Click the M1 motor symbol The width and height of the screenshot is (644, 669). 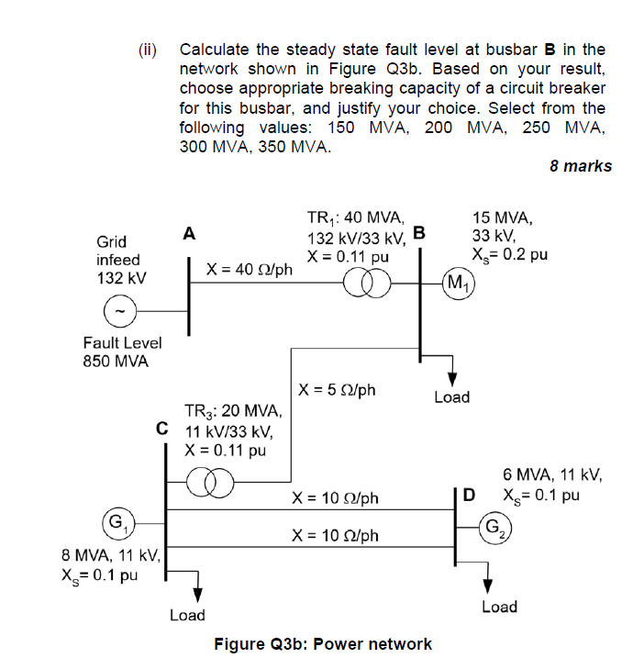455,281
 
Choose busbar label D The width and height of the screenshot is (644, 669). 470,496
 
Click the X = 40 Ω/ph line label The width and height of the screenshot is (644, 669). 250,270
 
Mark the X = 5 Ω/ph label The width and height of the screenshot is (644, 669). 338,390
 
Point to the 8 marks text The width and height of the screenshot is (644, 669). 580,166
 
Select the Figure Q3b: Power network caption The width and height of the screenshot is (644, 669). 322,643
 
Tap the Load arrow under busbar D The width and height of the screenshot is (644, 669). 488,584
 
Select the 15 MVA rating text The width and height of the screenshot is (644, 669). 502,217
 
